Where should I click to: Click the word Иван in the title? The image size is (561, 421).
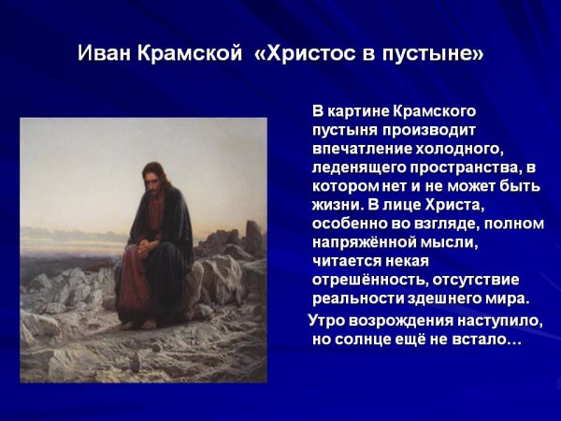click(105, 53)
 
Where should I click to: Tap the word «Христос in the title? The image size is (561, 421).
click(307, 53)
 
